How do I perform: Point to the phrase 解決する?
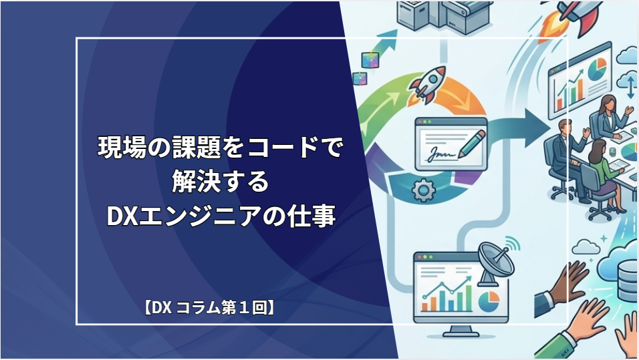(221, 181)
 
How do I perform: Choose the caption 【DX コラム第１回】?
(209, 307)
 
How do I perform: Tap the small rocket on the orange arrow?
(428, 83)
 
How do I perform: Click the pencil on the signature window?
(472, 144)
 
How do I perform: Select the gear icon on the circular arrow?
(423, 190)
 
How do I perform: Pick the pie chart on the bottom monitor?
(489, 302)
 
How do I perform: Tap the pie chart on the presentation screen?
(597, 69)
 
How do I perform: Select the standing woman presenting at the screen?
(608, 116)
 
